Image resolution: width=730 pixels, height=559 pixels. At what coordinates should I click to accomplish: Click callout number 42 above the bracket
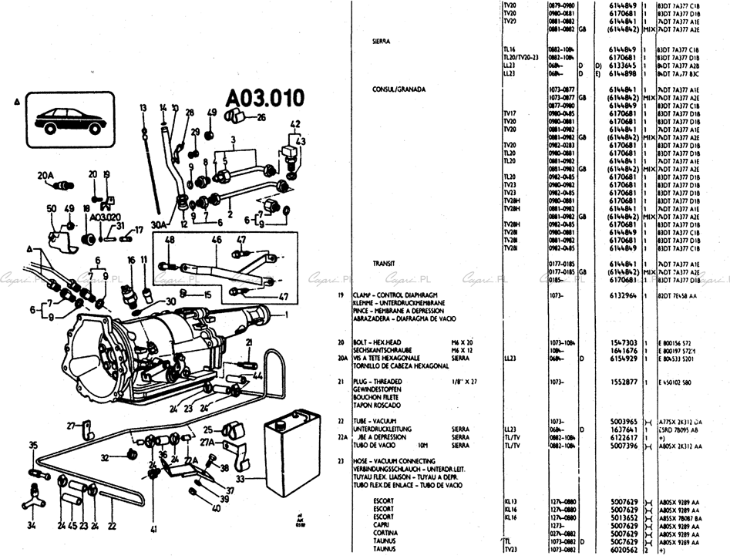(x=294, y=124)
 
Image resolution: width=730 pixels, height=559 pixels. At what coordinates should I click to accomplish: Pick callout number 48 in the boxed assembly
(x=169, y=240)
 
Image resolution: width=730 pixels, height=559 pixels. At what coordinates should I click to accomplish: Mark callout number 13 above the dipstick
(x=143, y=107)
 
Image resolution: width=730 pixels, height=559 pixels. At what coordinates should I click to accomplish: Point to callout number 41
(x=153, y=529)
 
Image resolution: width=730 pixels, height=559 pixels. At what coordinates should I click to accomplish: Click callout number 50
(x=52, y=209)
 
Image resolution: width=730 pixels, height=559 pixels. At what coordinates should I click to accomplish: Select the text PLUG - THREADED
(x=386, y=382)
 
